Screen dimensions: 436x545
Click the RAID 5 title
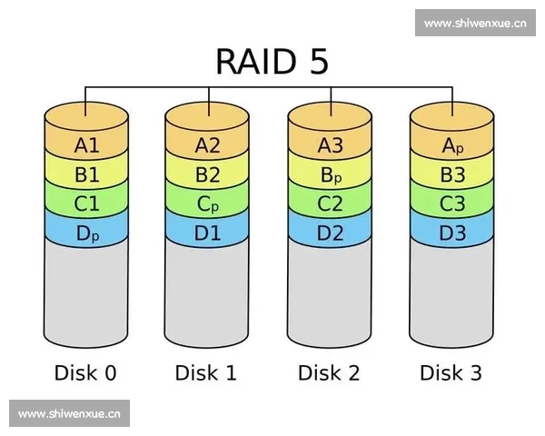pos(272,61)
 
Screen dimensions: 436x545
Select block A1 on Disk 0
pos(87,144)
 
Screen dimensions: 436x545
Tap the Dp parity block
pos(87,233)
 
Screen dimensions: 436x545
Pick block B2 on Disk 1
pos(208,174)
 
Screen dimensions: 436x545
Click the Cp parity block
pos(208,204)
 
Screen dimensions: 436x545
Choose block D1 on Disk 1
pos(208,233)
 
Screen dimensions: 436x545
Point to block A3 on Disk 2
pos(331,144)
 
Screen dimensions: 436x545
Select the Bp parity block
pos(331,174)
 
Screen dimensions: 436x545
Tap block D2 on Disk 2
pos(331,233)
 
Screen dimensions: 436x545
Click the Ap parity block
pos(452,144)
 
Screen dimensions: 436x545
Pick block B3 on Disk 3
pos(452,174)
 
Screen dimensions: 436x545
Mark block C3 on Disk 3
pos(452,204)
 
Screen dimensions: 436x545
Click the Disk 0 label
pos(85,372)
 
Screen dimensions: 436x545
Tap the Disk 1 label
pos(207,372)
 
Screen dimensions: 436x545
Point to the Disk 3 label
pos(451,372)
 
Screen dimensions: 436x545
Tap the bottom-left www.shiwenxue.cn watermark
pos(69,414)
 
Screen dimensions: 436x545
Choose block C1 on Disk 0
pos(87,204)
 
